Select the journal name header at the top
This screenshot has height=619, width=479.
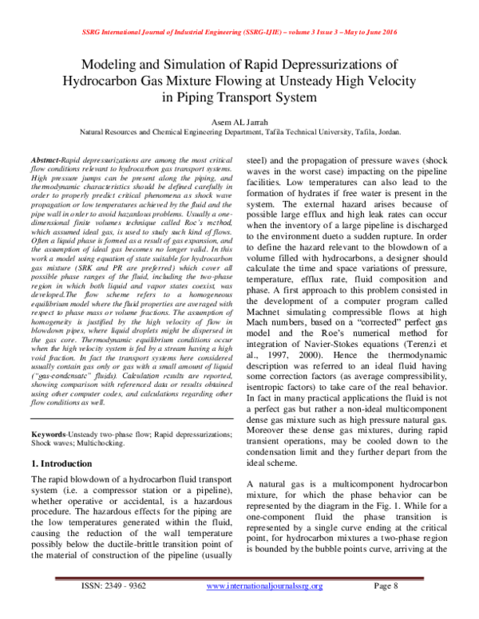pos(239,32)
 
